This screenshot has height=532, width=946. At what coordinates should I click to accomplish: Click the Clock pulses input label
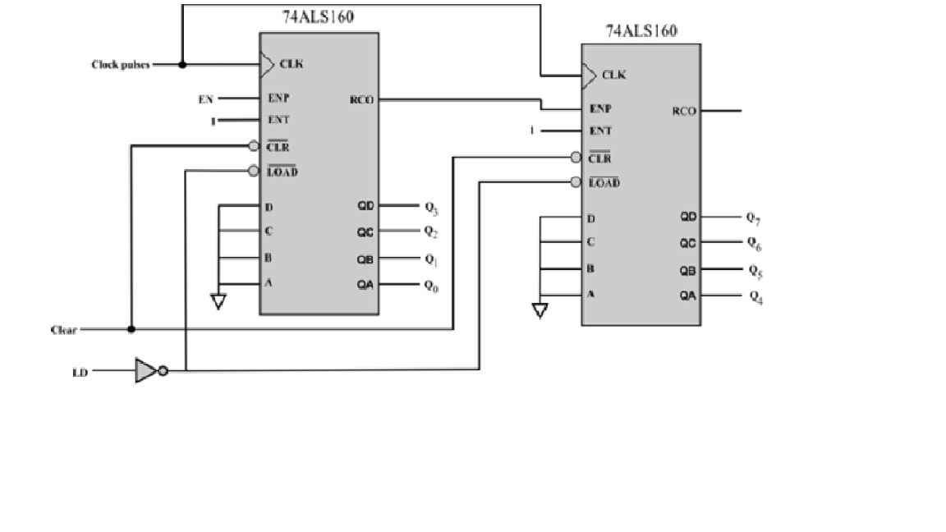[120, 64]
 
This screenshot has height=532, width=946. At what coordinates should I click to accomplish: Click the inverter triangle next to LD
[145, 371]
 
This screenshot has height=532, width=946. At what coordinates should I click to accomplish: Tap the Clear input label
[63, 330]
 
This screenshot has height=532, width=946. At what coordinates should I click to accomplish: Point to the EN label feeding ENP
[205, 99]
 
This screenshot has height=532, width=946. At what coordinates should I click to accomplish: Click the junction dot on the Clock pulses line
[181, 64]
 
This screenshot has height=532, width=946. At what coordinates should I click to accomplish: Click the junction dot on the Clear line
[131, 329]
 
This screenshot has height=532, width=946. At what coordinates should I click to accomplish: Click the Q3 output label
[430, 206]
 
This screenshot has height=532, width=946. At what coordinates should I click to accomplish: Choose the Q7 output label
[754, 218]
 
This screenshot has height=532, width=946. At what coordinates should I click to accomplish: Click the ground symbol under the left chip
[218, 302]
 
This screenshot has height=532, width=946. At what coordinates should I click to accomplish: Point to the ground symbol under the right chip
[540, 310]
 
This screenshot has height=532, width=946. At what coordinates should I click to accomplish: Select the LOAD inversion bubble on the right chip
[576, 182]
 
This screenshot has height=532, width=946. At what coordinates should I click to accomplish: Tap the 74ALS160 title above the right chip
[641, 32]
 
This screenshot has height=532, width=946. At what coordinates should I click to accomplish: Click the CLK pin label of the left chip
[292, 64]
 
